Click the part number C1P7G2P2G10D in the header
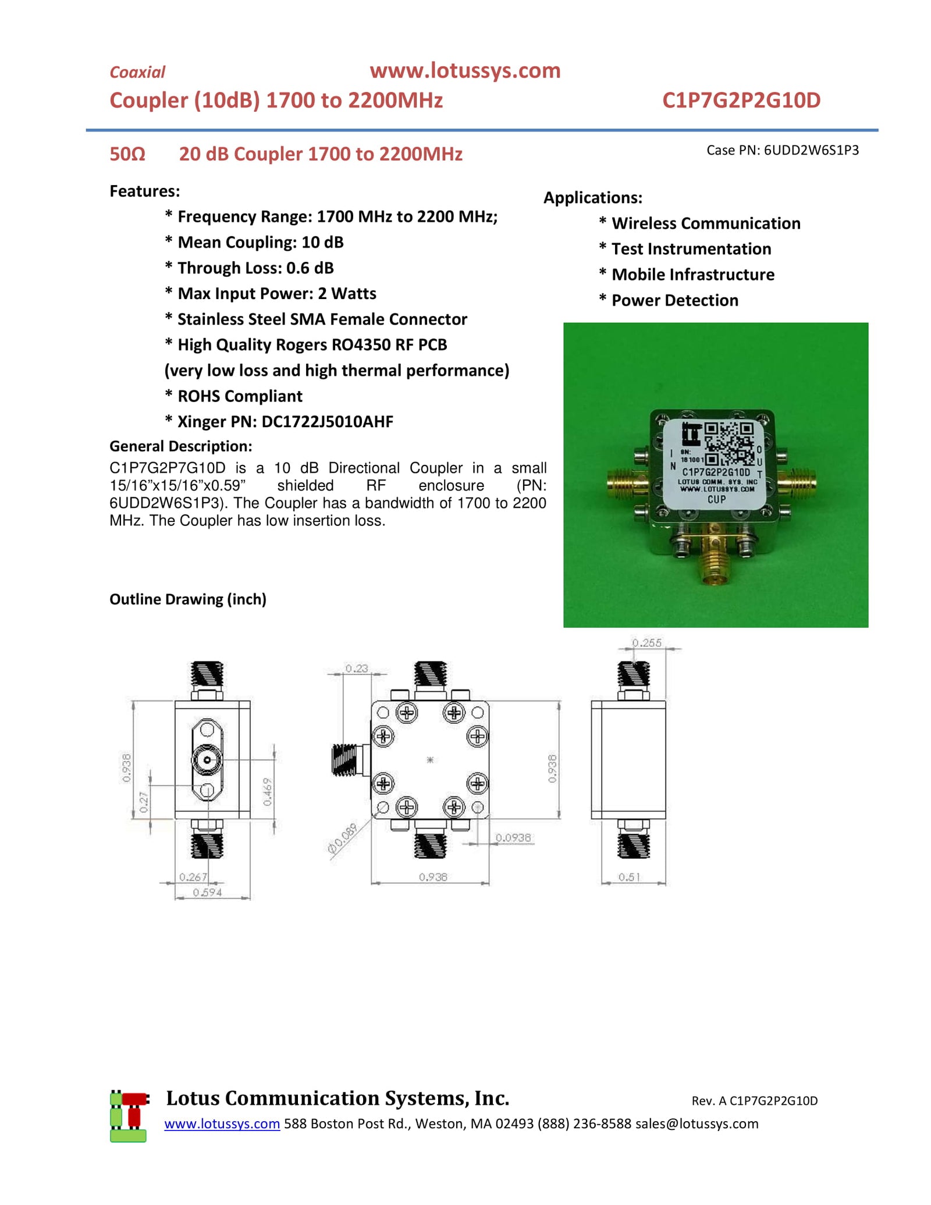pos(741,100)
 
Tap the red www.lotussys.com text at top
pos(464,70)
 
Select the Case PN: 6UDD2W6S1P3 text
pos(782,150)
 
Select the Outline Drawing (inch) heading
pos(188,599)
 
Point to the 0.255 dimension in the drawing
pos(647,643)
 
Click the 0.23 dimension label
pos(357,669)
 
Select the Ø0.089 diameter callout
pos(342,840)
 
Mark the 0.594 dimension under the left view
pos(207,893)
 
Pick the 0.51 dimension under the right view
pos(629,877)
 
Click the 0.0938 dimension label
pos(513,838)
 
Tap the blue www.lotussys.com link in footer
pos(222,1124)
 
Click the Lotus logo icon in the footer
pos(129,1117)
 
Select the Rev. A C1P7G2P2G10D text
pos(754,1101)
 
